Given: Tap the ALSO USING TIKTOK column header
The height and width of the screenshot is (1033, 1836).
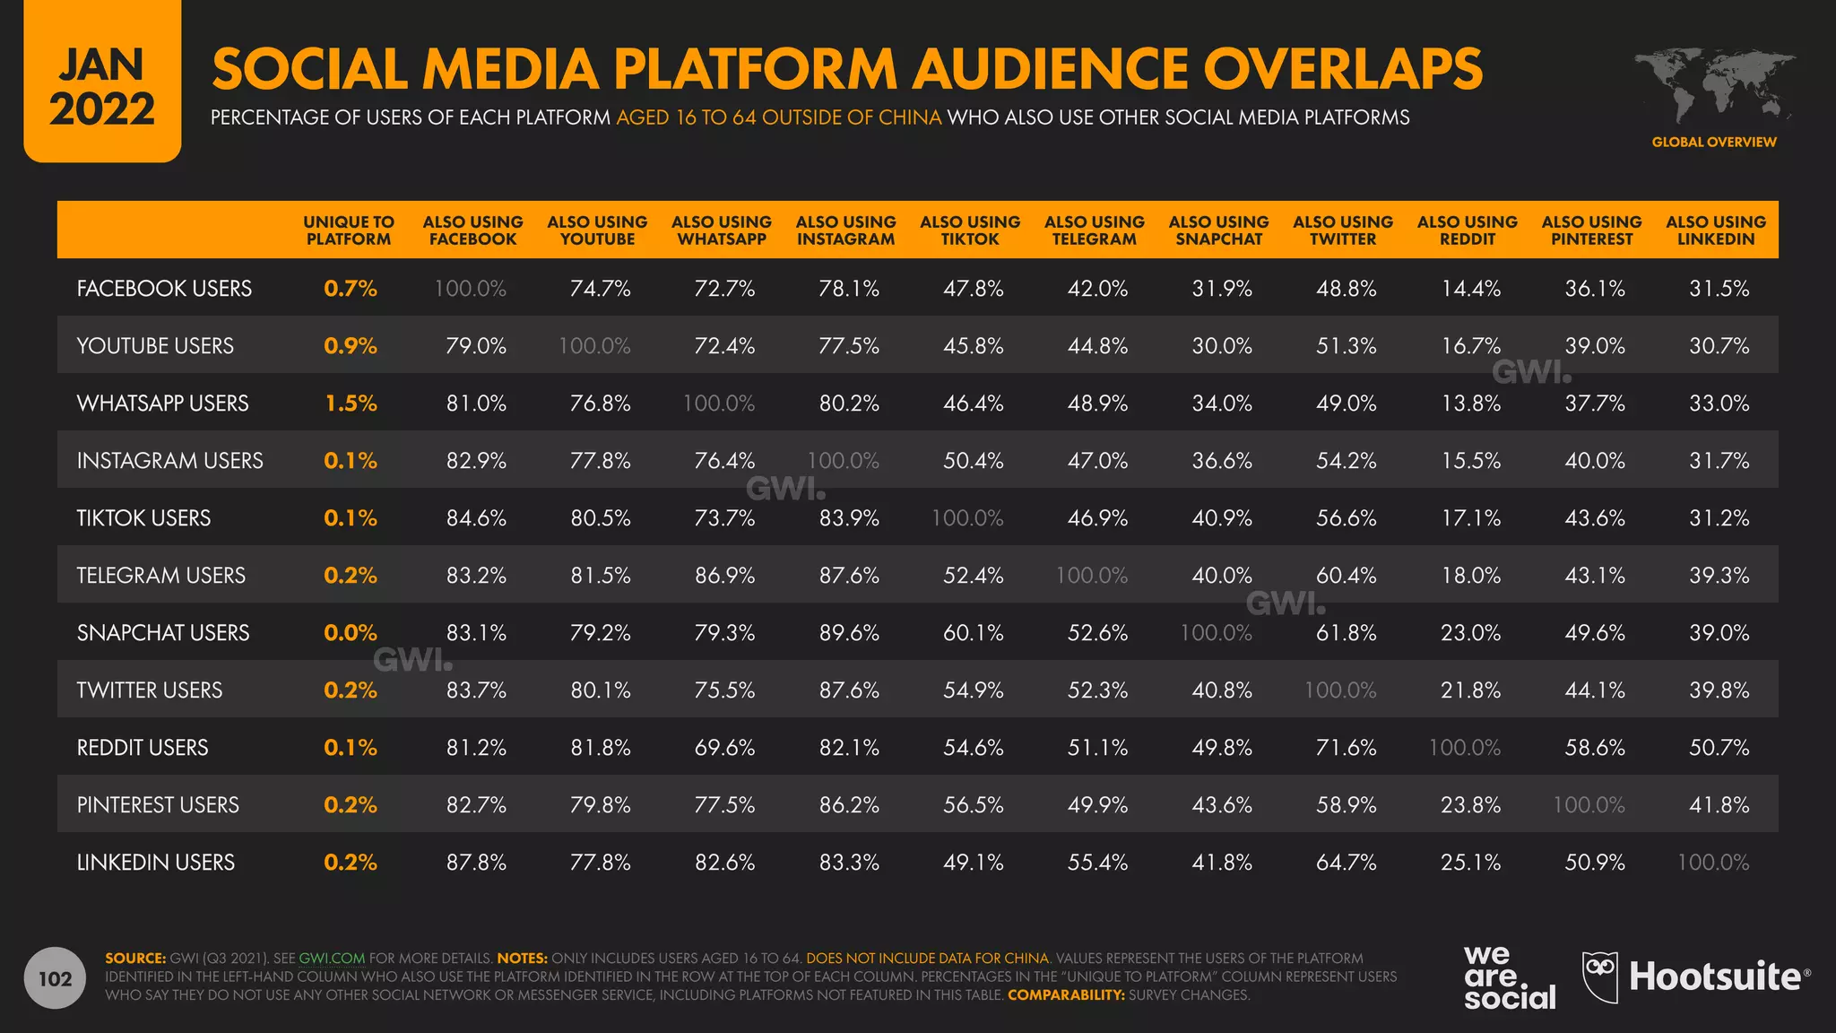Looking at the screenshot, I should pyautogui.click(x=970, y=230).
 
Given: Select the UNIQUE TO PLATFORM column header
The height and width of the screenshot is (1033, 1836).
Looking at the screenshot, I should pyautogui.click(x=349, y=230).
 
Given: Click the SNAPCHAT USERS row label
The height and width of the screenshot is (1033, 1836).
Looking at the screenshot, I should pyautogui.click(x=163, y=633).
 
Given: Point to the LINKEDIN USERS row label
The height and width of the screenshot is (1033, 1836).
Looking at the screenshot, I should pyautogui.click(x=156, y=863).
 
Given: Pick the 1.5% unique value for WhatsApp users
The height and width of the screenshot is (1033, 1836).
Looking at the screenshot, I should pyautogui.click(x=351, y=404).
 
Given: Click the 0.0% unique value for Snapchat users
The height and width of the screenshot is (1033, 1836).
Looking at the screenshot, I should pyautogui.click(x=351, y=633).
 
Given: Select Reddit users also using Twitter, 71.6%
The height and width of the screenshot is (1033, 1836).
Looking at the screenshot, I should pyautogui.click(x=1346, y=748).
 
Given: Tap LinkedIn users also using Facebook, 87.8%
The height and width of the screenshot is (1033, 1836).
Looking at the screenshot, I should pyautogui.click(x=476, y=863).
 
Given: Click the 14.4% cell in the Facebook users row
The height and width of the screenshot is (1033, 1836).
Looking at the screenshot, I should pyautogui.click(x=1470, y=289).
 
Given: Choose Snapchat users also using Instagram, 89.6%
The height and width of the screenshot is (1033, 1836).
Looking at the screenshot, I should pyautogui.click(x=849, y=633).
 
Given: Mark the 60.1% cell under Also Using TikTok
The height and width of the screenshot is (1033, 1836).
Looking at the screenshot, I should pyautogui.click(x=973, y=633).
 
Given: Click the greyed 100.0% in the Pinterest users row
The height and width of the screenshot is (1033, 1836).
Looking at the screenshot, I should pyautogui.click(x=1589, y=805).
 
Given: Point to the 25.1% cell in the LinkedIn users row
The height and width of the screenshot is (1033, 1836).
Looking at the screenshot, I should pyautogui.click(x=1470, y=863).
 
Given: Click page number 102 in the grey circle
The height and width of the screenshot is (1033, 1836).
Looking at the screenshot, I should pyautogui.click(x=55, y=978).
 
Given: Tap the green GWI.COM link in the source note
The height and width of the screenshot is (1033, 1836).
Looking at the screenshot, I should pyautogui.click(x=331, y=959).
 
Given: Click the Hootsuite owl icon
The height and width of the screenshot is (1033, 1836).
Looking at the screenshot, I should pyautogui.click(x=1600, y=977).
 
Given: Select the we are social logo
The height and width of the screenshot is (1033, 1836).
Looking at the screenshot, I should pyautogui.click(x=1509, y=978).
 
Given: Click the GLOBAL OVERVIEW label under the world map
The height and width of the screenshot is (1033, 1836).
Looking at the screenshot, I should pyautogui.click(x=1713, y=143).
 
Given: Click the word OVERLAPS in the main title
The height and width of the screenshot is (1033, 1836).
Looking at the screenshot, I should pyautogui.click(x=1342, y=70).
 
